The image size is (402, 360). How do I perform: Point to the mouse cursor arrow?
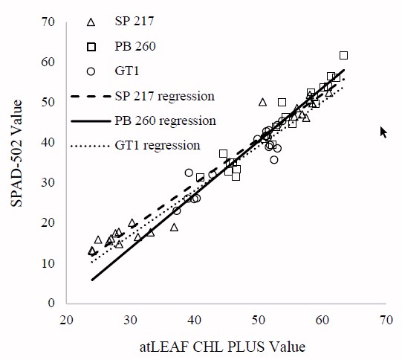click(x=383, y=132)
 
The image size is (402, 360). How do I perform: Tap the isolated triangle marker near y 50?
click(x=262, y=101)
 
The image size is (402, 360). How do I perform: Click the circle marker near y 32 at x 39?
click(x=189, y=173)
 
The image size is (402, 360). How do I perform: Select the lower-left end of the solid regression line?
click(x=92, y=280)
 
